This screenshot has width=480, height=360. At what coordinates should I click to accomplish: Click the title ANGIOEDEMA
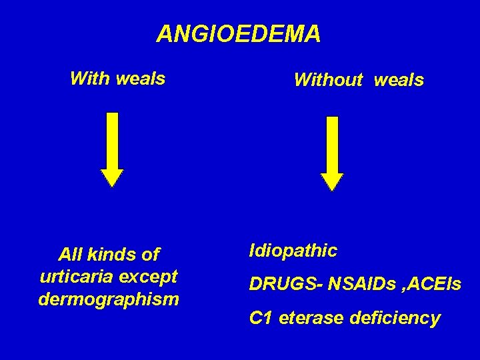pos(239,34)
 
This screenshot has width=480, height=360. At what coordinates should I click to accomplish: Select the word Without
pos(328,81)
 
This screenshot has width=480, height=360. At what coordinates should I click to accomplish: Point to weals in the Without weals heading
pos(399,81)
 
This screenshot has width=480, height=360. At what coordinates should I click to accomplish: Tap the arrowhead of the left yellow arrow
pos(112,177)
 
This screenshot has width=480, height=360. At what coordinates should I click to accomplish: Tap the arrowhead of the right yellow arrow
pos(331,181)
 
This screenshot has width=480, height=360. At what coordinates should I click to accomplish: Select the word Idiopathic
pos(293,251)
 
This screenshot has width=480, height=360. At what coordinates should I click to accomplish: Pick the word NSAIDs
pos(353,285)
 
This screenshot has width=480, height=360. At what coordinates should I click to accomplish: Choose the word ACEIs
pos(433,285)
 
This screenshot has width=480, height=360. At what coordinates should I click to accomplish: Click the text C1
pos(260,319)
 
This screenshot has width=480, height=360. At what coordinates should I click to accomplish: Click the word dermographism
pos(109,299)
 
